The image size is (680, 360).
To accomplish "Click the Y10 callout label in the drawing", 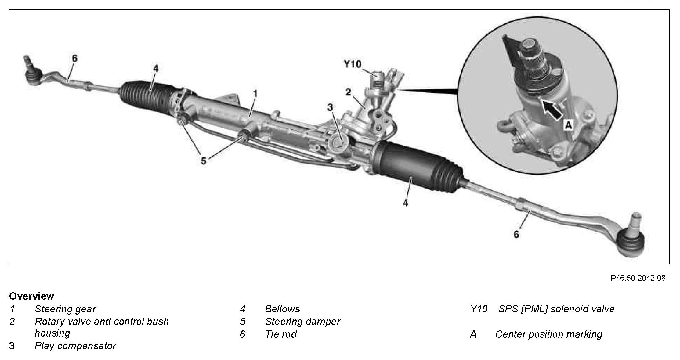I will pos(353,64).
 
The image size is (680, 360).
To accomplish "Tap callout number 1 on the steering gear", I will pos(255,93).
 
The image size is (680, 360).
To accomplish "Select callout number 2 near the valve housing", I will pos(348,92).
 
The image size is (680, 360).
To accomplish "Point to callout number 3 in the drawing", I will pos(330,107).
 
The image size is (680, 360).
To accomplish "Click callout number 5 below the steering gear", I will pos(204,161).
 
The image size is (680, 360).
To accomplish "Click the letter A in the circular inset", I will pos(568,125).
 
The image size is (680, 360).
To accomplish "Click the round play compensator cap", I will pos(338,142).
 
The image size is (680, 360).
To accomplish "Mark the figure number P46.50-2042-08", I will pos(638,278).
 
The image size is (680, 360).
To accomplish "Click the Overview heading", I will pos(31,296).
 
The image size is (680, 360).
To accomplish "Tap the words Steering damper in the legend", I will pos(302,321).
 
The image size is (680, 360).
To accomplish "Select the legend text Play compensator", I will pos(75,346).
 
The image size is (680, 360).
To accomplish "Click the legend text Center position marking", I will pos(548,334).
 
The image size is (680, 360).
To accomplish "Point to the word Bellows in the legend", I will pos(282,309).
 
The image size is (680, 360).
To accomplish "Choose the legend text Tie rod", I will pos(281,334).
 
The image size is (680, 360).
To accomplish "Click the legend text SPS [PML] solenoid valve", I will pos(556,309).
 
